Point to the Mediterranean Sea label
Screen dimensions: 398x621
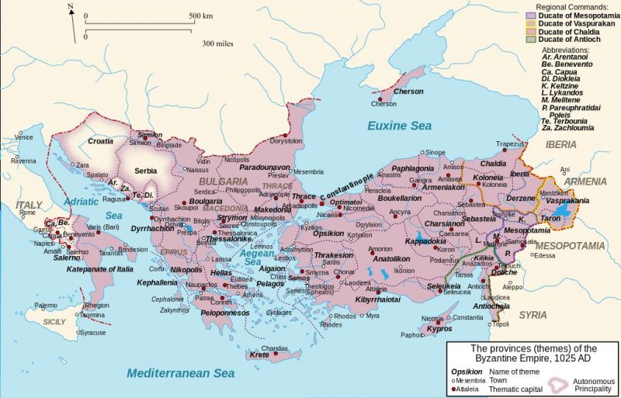(181, 373)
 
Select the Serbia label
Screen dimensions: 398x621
(146, 170)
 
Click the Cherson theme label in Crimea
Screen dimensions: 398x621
(408, 92)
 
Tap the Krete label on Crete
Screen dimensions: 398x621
(260, 355)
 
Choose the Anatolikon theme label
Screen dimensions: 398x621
(390, 258)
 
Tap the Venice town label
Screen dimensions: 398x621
(24, 137)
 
